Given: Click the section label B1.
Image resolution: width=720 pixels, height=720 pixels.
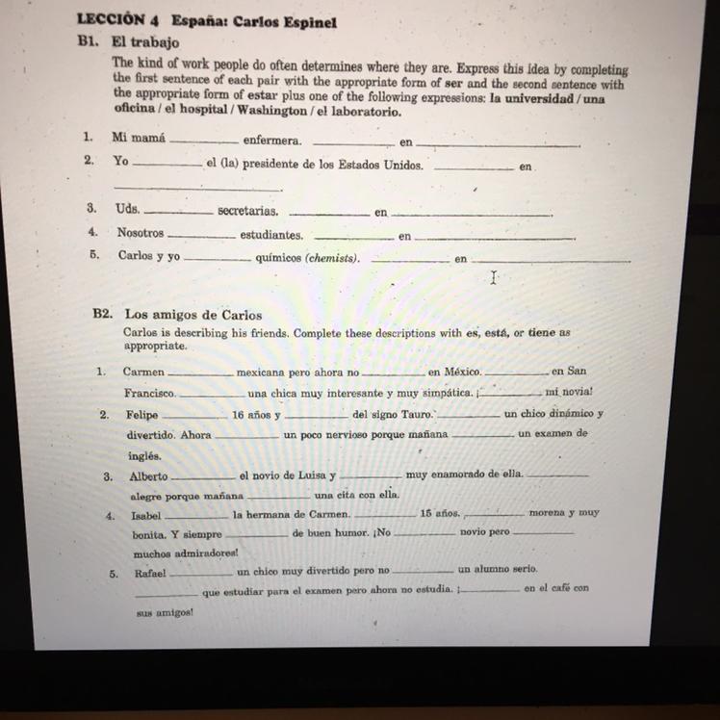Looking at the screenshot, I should [x=91, y=42].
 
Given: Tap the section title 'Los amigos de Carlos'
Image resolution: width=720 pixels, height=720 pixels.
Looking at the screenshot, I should [x=193, y=315].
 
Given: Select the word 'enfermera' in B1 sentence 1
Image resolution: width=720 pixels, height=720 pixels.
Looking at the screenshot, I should [x=271, y=141].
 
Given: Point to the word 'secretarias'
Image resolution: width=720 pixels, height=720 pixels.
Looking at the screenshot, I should [x=247, y=211].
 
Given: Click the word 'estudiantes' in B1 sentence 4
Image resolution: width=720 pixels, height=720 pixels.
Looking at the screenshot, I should [x=271, y=234].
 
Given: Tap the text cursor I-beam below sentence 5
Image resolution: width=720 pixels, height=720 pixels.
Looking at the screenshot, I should [x=494, y=278].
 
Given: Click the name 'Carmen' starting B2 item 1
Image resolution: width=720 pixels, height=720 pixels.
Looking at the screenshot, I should [x=143, y=372].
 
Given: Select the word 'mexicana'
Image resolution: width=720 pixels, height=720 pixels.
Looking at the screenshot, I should [x=264, y=372].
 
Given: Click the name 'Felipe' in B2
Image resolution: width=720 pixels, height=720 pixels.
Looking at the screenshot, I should [x=142, y=415].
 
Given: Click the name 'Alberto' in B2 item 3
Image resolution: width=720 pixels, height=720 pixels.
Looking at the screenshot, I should [x=148, y=476].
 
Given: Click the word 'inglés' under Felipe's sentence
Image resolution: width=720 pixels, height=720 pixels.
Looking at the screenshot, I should [x=143, y=456].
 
